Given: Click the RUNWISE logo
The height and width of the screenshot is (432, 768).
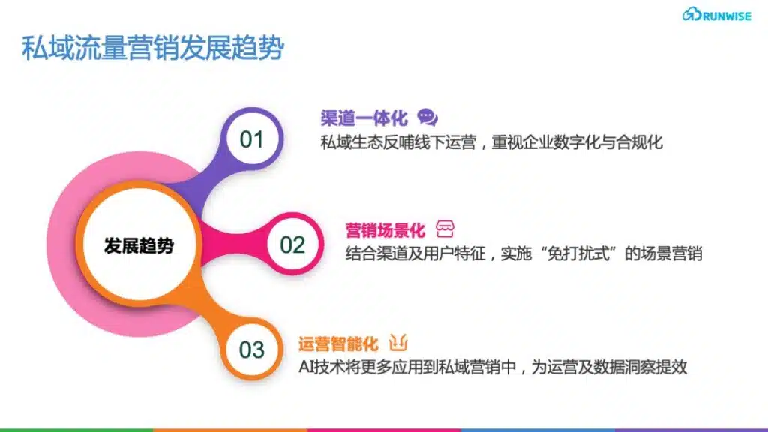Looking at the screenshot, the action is coord(716,15).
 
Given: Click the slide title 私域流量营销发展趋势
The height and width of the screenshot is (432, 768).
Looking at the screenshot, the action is coord(153,48).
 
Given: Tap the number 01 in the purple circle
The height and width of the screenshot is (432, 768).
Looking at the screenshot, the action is coord(252,139).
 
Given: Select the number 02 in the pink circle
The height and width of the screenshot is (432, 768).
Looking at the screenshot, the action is coord(292,244).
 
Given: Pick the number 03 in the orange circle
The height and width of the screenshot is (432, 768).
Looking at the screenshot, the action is coord(252,349).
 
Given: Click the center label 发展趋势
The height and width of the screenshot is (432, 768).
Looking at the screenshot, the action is coord(139,245).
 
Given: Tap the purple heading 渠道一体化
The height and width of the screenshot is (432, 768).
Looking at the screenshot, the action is coord(364,118).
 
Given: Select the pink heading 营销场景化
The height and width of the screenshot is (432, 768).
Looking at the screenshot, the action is coord(385,229).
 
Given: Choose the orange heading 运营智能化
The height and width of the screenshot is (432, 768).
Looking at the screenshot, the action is coord(338,343).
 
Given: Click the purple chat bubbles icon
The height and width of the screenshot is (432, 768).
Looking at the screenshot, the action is coord(427,117).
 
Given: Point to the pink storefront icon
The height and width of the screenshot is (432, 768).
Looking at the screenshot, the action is coord(445,229).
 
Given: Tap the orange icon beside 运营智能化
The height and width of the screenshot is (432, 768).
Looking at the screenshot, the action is coord(398,342).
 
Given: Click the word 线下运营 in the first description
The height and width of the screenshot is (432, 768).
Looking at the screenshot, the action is coord(445,142).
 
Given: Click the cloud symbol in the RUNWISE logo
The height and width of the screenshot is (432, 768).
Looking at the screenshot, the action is coord(691,14).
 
